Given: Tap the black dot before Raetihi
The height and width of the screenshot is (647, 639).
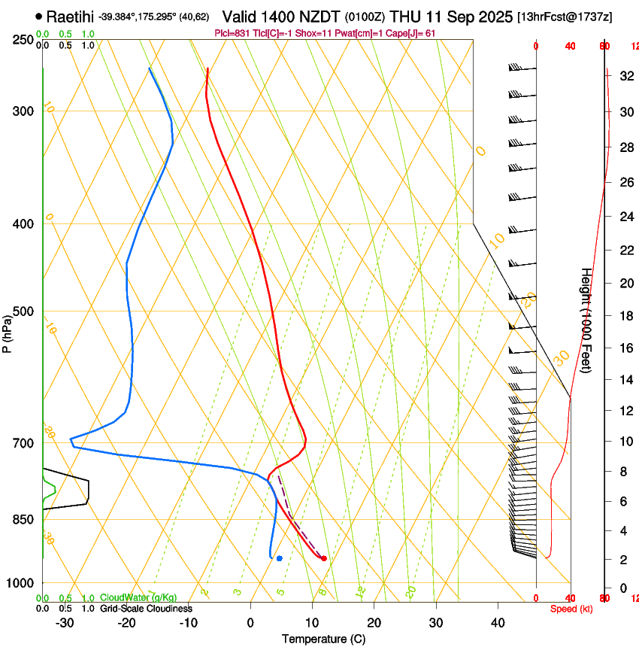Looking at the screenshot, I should tap(38, 16).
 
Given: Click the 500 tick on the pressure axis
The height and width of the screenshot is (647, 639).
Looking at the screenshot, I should tap(23, 311).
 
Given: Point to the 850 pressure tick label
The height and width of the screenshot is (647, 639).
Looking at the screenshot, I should tap(23, 519).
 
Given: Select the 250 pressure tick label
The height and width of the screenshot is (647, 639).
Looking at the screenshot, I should tap(23, 39).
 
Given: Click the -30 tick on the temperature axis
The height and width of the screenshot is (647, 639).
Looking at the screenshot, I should tap(65, 623).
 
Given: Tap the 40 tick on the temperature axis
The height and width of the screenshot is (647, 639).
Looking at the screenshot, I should tap(498, 623).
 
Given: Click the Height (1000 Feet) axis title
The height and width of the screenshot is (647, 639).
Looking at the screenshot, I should tap(586, 320).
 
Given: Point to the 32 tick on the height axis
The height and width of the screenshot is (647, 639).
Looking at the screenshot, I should tap(625, 76).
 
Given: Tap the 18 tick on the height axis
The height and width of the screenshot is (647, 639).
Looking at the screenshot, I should tap(625, 316).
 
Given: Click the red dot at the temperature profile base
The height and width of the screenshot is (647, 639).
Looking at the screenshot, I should tap(324, 558).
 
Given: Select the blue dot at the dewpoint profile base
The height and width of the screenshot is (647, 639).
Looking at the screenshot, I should tap(279, 558).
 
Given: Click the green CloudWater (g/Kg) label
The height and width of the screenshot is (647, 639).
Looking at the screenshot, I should tap(138, 598).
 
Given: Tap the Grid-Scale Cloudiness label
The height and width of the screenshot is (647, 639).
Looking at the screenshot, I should tap(146, 609).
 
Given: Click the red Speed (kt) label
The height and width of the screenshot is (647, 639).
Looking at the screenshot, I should tap(571, 609).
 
